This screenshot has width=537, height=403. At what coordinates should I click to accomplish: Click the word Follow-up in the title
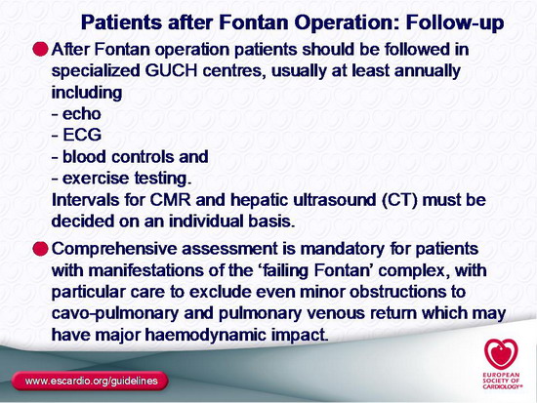point(455,23)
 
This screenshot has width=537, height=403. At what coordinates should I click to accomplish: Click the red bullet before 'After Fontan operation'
point(40,49)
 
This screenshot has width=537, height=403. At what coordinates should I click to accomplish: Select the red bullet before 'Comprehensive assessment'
point(40,248)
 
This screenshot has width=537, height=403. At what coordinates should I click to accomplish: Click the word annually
point(428,72)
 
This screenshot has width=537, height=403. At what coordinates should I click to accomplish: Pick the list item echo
point(81,114)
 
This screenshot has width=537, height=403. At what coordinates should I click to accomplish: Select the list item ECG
point(82,135)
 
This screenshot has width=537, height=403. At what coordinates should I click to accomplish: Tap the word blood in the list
point(84,157)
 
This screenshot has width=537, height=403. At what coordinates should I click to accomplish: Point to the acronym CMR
point(171,200)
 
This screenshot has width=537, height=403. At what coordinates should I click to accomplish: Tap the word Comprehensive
point(114,250)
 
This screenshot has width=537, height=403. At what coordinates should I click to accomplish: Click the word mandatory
point(342,250)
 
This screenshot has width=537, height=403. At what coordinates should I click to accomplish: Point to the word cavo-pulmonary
point(115,314)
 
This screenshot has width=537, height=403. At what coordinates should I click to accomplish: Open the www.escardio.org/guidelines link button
point(90,381)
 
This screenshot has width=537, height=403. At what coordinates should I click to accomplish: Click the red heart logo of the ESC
point(501,353)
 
